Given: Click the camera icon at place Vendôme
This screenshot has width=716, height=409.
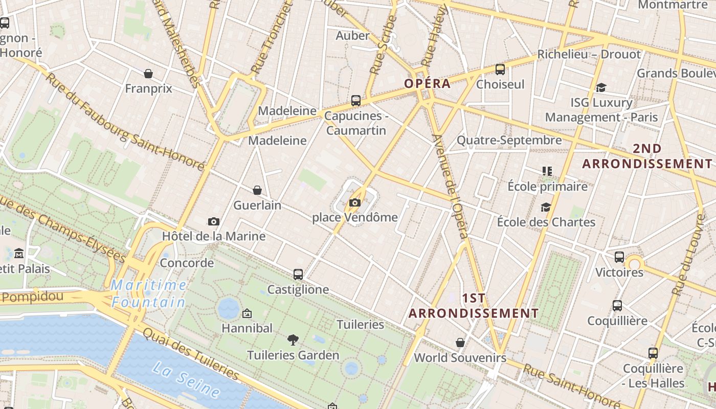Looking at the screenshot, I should (354, 203).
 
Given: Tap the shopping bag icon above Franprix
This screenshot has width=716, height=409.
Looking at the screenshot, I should (148, 74).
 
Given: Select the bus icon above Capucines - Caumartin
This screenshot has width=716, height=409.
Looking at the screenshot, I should (356, 101).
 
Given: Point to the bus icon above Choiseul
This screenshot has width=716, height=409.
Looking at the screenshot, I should (500, 70).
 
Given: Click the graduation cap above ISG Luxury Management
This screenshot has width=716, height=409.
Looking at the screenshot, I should (601, 88).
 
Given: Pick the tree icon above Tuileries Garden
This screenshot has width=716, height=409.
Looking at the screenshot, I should (293, 339).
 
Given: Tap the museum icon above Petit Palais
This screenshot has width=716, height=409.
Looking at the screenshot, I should (19, 253).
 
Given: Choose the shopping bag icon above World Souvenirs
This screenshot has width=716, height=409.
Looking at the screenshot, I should (460, 343).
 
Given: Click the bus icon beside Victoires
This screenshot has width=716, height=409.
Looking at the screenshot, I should (619, 257).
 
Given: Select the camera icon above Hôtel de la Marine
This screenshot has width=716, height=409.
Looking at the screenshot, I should (214, 221).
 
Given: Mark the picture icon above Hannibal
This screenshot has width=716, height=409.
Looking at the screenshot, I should (247, 313).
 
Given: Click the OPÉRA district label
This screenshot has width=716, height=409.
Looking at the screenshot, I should (428, 83).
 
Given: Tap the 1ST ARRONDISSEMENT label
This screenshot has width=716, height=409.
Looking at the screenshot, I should (474, 306).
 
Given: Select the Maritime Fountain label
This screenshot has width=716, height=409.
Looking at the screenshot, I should (148, 293).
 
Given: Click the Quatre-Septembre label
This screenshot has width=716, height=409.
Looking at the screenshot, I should (509, 140).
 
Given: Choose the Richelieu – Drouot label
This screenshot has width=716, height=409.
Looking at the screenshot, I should (589, 54).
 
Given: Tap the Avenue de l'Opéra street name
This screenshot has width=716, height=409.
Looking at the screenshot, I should (450, 187).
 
